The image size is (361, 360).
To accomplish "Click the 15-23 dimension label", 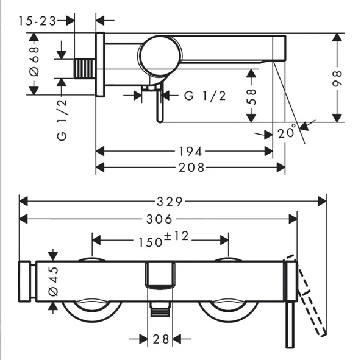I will tap(37, 21).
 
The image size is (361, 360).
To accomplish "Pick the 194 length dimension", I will tap(191, 151).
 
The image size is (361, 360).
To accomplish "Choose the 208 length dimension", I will tap(191, 167).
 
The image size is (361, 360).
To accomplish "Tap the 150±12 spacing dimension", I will tap(160, 240).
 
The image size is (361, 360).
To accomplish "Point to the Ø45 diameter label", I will tap(54, 280).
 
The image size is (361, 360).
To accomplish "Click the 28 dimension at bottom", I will tap(160, 339).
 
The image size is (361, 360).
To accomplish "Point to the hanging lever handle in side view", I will tap(159, 105).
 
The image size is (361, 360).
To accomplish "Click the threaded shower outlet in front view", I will tap(159, 310).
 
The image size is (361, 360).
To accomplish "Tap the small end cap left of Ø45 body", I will tap(26, 281).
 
